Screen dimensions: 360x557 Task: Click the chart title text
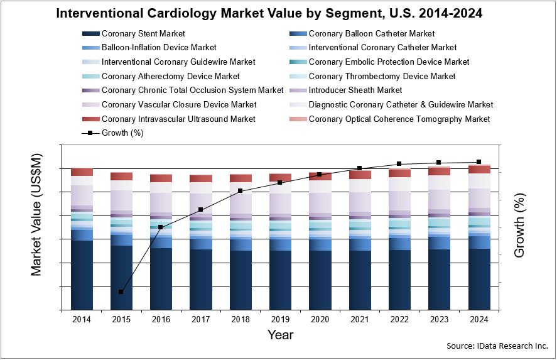tap(278, 13)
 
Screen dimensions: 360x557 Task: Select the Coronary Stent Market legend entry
tap(143, 34)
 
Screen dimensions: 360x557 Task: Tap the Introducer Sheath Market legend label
tap(355, 90)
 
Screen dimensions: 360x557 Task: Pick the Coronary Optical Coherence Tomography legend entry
tap(399, 119)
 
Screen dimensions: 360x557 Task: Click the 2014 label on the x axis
tap(82, 319)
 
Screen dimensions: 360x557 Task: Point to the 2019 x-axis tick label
tap(280, 319)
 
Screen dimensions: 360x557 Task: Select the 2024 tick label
tap(479, 319)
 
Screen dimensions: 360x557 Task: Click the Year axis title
tap(280, 335)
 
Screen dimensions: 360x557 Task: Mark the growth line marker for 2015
tap(121, 292)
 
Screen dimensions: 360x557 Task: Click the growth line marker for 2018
tap(241, 190)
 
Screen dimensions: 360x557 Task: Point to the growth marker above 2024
tap(479, 162)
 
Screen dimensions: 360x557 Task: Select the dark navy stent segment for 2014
tap(82, 275)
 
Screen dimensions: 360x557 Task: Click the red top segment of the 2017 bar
tap(201, 178)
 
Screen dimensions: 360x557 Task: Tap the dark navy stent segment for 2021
tap(360, 280)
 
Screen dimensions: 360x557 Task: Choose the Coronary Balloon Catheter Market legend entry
tap(372, 34)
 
